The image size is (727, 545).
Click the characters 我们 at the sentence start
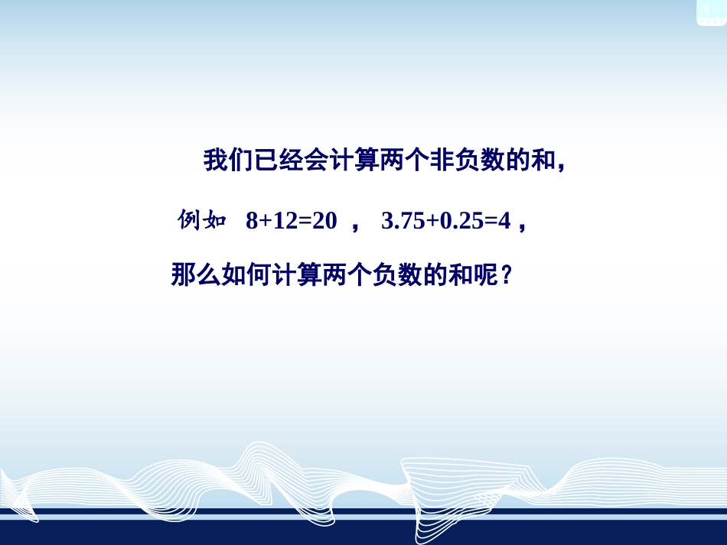click(x=227, y=161)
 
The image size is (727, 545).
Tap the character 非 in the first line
click(x=444, y=161)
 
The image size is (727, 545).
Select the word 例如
click(x=202, y=222)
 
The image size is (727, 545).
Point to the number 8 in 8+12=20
click(x=252, y=222)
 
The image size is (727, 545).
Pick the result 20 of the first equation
click(x=324, y=222)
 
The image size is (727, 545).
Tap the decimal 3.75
click(x=403, y=222)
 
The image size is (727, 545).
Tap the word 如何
click(x=245, y=275)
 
